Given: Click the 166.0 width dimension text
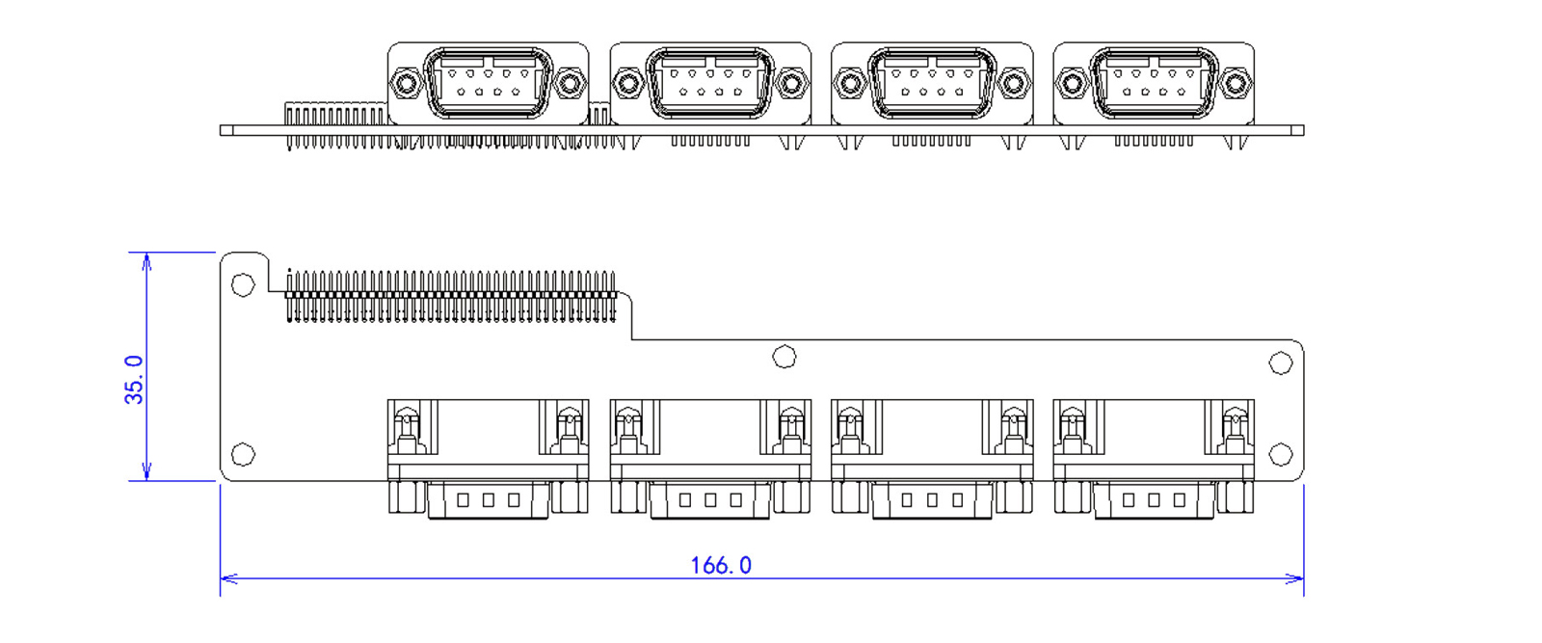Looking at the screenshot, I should click(x=721, y=565).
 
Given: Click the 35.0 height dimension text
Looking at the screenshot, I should click(x=134, y=379).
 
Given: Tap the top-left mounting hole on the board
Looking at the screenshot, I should click(x=243, y=284).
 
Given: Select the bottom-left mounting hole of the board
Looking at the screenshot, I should click(x=243, y=454).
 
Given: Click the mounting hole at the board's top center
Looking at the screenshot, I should click(x=784, y=358).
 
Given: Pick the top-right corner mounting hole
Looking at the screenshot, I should click(x=1280, y=363).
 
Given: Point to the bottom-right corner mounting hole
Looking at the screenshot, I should click(x=1280, y=454).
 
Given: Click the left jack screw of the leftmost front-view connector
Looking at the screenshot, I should click(x=406, y=84).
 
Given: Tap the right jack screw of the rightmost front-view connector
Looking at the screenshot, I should click(x=1236, y=84).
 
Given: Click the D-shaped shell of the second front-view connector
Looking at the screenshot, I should click(x=710, y=84).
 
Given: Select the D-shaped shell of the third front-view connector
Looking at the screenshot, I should click(x=932, y=84).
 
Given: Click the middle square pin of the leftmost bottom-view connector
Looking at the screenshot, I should click(x=489, y=500).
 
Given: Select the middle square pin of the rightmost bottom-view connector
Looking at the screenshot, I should click(x=1154, y=500).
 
